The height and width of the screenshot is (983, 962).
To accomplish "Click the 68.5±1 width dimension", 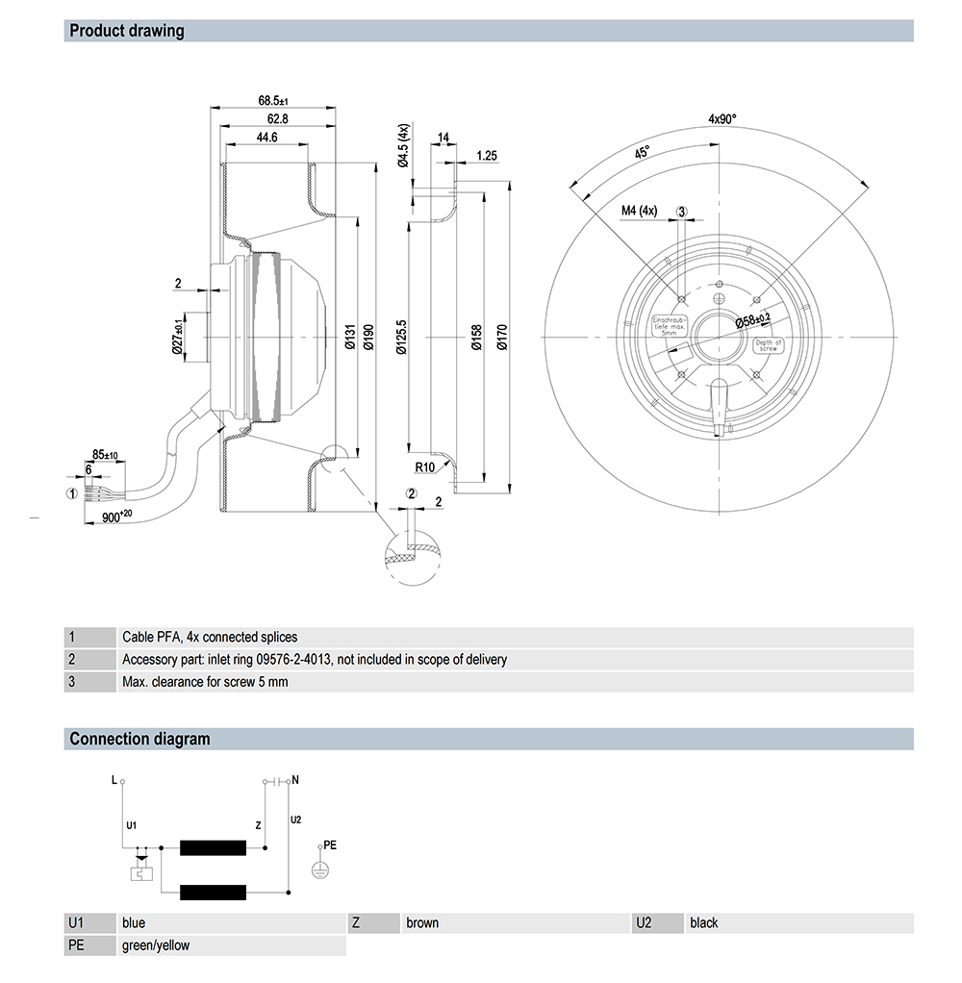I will (273, 100).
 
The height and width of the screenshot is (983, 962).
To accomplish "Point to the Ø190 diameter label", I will (367, 338).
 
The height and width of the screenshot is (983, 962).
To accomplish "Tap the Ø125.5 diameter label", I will (401, 338).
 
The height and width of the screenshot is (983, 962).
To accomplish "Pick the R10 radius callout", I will (426, 468).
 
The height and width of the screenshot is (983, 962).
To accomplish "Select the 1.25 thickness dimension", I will (486, 155).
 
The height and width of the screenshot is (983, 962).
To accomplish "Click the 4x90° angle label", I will (721, 119).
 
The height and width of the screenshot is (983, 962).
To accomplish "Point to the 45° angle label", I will (641, 153).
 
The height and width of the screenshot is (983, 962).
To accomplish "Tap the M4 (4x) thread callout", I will (639, 212).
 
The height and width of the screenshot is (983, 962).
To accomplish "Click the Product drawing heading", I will (127, 31).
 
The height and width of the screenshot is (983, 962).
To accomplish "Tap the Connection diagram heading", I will (139, 739).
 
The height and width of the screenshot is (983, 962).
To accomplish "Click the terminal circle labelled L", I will (122, 781).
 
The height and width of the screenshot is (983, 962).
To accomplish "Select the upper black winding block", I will (213, 847).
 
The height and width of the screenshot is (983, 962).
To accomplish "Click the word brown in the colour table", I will (422, 922).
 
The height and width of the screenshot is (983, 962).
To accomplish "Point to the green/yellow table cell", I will (156, 945).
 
